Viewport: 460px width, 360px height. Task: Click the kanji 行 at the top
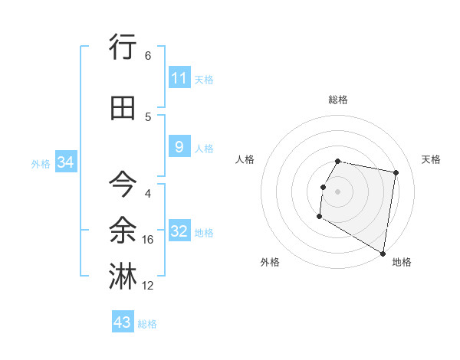[123, 47]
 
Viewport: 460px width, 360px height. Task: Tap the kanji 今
[123, 185]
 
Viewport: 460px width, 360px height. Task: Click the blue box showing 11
[179, 78]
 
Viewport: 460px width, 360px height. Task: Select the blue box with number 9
[179, 147]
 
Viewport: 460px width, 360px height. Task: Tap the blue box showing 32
[179, 231]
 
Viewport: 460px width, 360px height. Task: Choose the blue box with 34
[66, 162]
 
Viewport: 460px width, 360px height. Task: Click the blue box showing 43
[122, 322]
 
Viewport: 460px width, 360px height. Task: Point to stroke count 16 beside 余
[148, 240]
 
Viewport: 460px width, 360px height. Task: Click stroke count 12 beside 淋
[148, 286]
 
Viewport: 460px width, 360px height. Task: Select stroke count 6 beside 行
[148, 56]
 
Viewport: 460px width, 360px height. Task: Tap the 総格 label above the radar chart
[338, 100]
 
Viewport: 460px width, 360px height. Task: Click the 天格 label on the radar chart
[431, 159]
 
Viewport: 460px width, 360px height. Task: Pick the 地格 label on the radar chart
[402, 262]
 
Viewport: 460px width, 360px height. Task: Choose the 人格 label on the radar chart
[245, 159]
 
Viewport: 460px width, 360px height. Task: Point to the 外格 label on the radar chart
[270, 262]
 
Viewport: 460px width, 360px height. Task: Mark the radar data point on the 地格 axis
[383, 254]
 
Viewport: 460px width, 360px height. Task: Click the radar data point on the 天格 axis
[396, 173]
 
